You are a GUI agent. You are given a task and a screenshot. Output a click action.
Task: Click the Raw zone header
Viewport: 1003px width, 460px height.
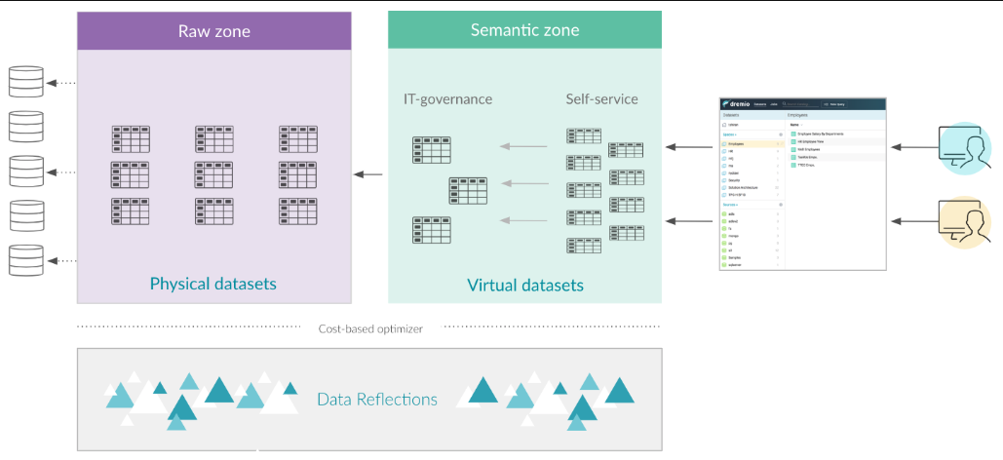(214, 31)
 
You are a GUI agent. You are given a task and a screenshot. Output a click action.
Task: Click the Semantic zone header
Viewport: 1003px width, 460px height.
(524, 30)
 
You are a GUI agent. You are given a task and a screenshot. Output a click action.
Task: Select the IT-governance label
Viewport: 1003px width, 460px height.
(447, 99)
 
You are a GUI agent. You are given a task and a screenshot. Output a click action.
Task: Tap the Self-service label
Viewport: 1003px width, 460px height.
(601, 99)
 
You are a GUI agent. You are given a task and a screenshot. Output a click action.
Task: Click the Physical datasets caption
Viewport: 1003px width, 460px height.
(212, 285)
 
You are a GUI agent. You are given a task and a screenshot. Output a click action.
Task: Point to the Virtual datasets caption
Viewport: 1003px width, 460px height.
(525, 286)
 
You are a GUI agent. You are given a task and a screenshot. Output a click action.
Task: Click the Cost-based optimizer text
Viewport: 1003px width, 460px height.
(370, 328)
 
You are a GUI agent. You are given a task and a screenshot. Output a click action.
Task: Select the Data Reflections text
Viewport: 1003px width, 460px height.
(377, 400)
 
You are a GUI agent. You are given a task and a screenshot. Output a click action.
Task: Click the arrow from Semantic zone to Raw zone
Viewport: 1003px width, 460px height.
(367, 175)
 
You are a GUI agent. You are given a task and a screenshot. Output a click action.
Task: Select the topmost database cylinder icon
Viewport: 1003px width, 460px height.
(27, 82)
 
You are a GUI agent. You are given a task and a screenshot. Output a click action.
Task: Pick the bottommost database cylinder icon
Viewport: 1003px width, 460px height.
(27, 260)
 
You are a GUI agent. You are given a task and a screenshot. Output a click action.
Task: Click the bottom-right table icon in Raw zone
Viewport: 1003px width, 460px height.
(298, 211)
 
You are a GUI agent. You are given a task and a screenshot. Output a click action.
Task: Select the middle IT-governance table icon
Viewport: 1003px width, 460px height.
(468, 191)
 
